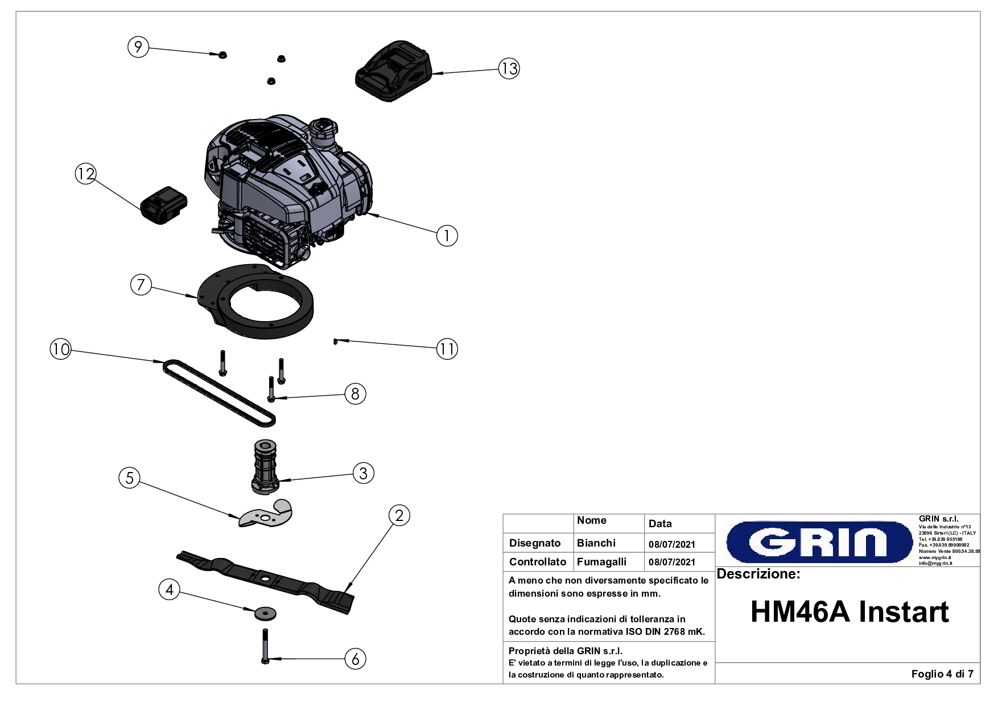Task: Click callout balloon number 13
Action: pos(509,68)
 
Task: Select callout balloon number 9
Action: pos(138,47)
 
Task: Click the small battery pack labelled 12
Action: pos(164,205)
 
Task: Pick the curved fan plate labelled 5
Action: pos(266,514)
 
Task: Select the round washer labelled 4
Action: pos(265,613)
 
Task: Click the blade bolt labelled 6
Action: pos(265,646)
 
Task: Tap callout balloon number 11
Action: pos(447,348)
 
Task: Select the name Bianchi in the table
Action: pos(596,543)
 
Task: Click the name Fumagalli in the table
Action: pos(601,562)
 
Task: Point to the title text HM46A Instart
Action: pos(849,612)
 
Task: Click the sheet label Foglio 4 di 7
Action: pos(942,674)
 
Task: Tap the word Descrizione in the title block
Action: pos(758,574)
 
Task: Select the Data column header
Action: pos(660,524)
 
